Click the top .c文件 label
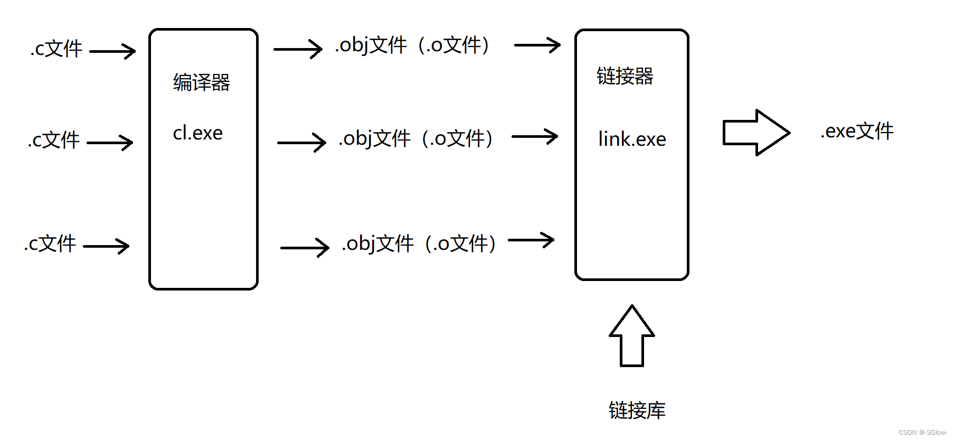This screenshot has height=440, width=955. pyautogui.click(x=56, y=49)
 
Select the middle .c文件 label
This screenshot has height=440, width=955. pyautogui.click(x=54, y=141)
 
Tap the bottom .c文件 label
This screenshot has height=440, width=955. pyautogui.click(x=51, y=244)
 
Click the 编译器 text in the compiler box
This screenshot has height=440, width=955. pyautogui.click(x=202, y=82)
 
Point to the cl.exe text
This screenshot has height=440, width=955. pyautogui.click(x=197, y=133)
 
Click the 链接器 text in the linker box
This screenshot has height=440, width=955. pyautogui.click(x=625, y=76)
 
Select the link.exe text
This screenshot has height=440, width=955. pyautogui.click(x=632, y=139)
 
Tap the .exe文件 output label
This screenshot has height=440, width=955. pyautogui.click(x=857, y=131)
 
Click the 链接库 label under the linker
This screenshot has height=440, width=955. pyautogui.click(x=637, y=410)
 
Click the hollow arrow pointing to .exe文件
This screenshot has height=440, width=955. pyautogui.click(x=756, y=133)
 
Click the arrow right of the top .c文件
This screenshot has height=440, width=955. pyautogui.click(x=113, y=51)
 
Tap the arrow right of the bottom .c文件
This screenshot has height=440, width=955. pyautogui.click(x=107, y=246)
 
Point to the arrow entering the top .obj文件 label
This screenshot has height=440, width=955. pyautogui.click(x=298, y=49)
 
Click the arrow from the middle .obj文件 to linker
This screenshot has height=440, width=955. pyautogui.click(x=535, y=137)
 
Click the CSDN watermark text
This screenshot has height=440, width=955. pyautogui.click(x=923, y=433)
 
